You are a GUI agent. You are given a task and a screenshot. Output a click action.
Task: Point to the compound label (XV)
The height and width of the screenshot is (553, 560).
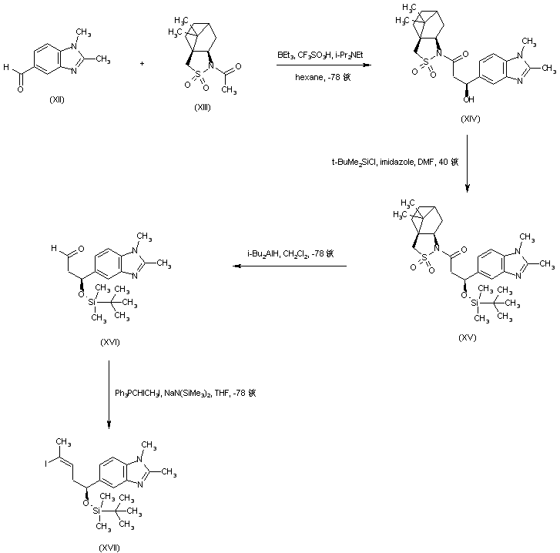[467, 337]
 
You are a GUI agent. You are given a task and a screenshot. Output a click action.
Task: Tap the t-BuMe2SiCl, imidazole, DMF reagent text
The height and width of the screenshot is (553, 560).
[391, 162]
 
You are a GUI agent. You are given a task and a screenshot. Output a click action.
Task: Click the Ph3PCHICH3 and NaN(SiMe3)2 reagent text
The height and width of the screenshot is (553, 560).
[185, 393]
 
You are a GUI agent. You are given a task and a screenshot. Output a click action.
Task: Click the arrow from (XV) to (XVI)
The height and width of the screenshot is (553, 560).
[290, 266]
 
